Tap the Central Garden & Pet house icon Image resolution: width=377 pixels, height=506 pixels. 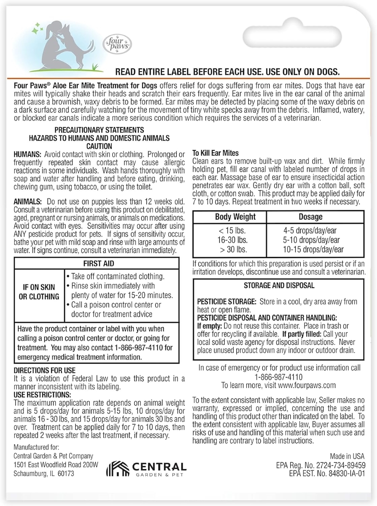[x=117, y=469]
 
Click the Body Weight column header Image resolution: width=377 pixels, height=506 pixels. [x=235, y=217]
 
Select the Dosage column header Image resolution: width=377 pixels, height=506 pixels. [x=310, y=217]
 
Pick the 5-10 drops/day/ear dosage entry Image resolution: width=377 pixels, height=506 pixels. [x=311, y=240]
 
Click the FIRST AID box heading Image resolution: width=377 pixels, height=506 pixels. [x=98, y=263]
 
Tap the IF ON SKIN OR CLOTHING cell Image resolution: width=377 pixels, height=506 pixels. [x=39, y=292]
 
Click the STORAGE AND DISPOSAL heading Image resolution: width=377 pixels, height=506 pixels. [x=279, y=286]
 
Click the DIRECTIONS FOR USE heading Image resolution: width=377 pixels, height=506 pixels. [x=45, y=370]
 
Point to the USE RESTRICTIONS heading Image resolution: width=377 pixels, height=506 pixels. [x=42, y=395]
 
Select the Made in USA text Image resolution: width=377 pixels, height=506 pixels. [x=347, y=456]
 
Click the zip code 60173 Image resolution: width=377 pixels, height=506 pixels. [x=65, y=473]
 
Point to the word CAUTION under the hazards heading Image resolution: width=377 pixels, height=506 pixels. [x=99, y=146]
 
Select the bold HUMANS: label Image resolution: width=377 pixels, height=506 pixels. [x=28, y=154]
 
